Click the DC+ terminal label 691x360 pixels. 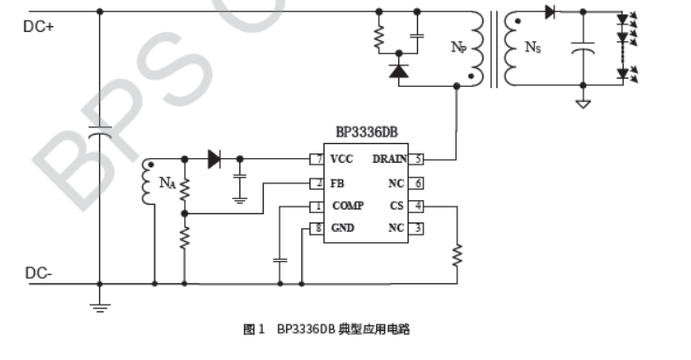pos(38,26)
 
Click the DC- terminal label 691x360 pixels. pos(38,273)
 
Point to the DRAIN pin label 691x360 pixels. pos(390,159)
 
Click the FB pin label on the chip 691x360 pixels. pos(337,182)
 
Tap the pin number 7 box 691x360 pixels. pos(318,159)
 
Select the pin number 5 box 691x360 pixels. pos(419,159)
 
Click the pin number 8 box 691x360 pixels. pos(318,227)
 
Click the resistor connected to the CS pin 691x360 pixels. pos(456,255)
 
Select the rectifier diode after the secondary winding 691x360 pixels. pos(550,12)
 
